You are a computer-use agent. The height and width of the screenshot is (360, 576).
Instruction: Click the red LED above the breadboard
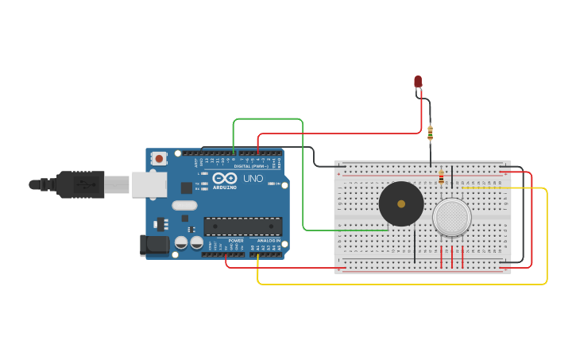pyautogui.click(x=418, y=81)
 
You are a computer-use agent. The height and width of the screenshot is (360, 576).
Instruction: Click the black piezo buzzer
pyautogui.click(x=401, y=204)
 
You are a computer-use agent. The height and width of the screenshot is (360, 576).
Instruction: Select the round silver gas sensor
pyautogui.click(x=452, y=217)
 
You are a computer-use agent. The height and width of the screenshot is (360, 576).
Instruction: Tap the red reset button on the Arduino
pyautogui.click(x=159, y=158)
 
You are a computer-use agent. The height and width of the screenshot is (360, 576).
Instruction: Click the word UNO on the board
pyautogui.click(x=253, y=179)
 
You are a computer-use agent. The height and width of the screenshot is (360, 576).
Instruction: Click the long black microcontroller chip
pyautogui.click(x=242, y=226)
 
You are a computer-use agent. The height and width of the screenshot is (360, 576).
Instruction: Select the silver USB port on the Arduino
pyautogui.click(x=149, y=184)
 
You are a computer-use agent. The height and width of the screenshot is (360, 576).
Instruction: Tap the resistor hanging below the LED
pyautogui.click(x=431, y=133)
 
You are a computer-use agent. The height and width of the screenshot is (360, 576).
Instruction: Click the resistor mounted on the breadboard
pyautogui.click(x=442, y=178)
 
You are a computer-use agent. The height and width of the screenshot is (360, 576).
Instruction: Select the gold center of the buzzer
pyautogui.click(x=401, y=204)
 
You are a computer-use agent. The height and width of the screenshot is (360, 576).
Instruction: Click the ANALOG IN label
pyautogui.click(x=269, y=241)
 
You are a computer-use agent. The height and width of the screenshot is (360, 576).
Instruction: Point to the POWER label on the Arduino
pyautogui.click(x=236, y=241)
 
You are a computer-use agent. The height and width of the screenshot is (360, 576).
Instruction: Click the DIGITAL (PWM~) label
pyautogui.click(x=249, y=167)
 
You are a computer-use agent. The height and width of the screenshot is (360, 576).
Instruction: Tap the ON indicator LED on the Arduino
pyautogui.click(x=272, y=184)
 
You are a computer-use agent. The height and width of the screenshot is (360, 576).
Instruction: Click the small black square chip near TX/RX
pyautogui.click(x=186, y=188)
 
